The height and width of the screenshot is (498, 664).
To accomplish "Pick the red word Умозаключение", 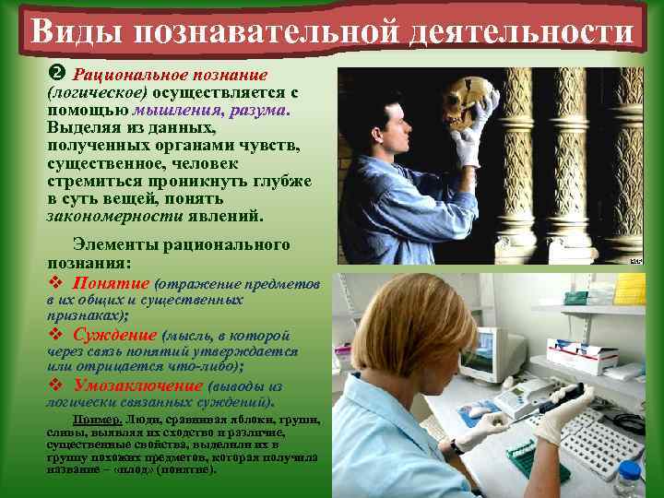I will pos(138,385).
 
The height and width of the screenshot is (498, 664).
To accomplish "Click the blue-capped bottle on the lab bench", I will pos(629,478).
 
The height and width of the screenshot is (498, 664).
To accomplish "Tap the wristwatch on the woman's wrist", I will pos(456,446).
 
